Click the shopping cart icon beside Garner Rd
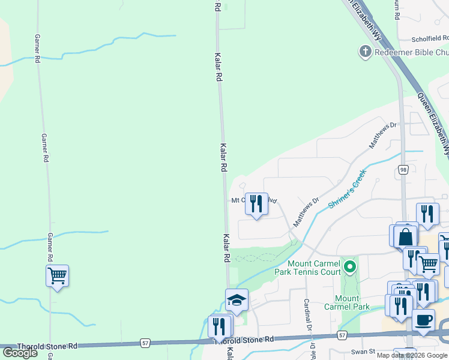(57, 276)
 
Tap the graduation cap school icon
(237, 299)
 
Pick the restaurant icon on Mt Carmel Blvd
(256, 203)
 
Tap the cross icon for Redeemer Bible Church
(365, 52)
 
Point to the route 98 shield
(403, 170)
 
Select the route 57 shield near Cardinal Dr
(342, 335)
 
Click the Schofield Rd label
(430, 38)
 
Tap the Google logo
(20, 353)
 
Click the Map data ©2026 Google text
(412, 355)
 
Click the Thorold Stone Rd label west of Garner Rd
(47, 346)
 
